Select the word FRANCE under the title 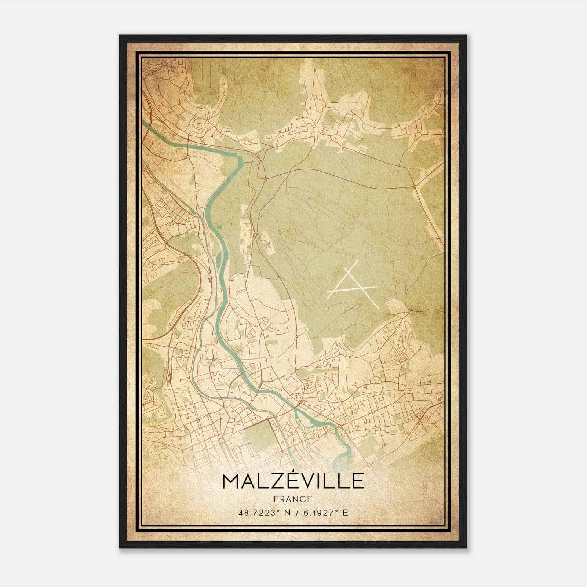click(x=293, y=499)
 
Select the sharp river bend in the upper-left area click(x=240, y=160)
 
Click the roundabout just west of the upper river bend click(x=188, y=157)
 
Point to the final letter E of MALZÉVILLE click(x=358, y=482)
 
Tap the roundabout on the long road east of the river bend click(x=265, y=179)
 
